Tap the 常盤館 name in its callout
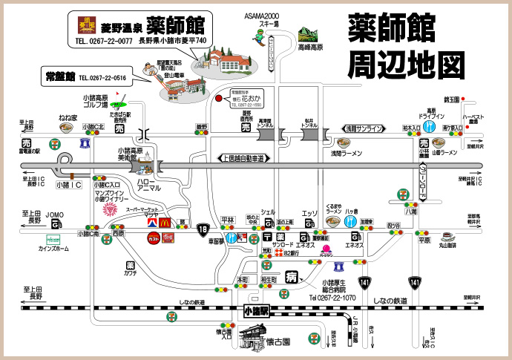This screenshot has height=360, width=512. coord(59,76)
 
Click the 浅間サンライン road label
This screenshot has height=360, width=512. coord(361,128)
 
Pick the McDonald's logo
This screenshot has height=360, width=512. coord(168,238)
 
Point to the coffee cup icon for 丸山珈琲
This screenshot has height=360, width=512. coord(448,238)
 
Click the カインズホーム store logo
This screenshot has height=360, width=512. coord(53,240)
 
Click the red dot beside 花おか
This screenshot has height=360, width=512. coord(218,97)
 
